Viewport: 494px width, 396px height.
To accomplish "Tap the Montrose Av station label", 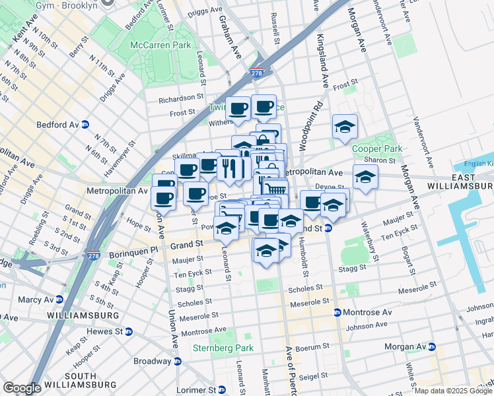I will [x=364, y=312].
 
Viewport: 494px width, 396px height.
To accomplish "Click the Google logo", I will [x=22, y=388].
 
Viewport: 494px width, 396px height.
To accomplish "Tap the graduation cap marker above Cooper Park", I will [x=345, y=127].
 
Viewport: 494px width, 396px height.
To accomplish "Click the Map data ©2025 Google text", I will [x=453, y=391].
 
